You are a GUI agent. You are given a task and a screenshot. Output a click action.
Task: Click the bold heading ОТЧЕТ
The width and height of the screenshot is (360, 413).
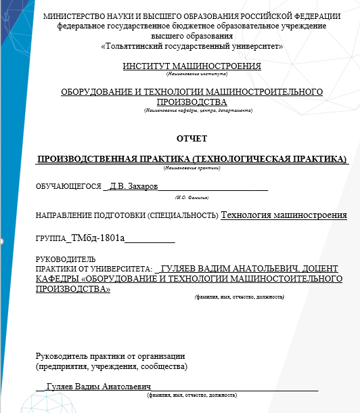[192, 139]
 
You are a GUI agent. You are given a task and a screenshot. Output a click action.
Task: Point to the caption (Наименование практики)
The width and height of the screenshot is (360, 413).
[192, 167]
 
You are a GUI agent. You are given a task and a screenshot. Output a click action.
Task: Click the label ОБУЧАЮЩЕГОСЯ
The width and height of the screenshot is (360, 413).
[69, 187]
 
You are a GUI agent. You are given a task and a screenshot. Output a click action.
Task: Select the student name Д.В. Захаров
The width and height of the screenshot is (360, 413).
[134, 186]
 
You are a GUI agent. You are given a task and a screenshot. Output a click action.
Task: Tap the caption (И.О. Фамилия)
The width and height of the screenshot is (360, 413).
[192, 196]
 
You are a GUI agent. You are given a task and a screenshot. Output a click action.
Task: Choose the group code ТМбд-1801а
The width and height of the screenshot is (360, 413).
[98, 239]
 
